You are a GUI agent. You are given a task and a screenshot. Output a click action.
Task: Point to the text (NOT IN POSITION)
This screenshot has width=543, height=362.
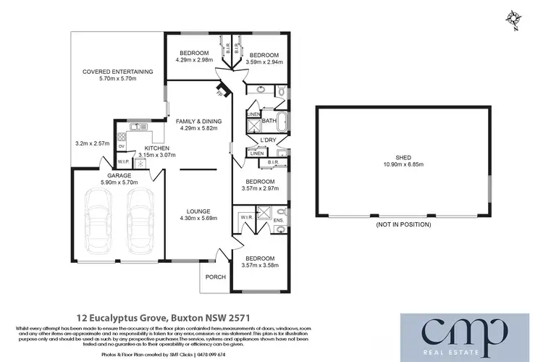click(x=403, y=224)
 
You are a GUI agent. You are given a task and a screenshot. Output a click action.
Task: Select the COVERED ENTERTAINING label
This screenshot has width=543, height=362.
click(x=117, y=72)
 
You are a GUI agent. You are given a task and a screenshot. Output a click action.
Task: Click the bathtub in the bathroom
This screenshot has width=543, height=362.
click(x=279, y=121)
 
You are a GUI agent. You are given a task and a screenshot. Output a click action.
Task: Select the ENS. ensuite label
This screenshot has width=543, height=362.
click(x=282, y=212)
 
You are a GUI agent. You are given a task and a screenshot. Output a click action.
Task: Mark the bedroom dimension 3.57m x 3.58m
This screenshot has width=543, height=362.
click(x=259, y=265)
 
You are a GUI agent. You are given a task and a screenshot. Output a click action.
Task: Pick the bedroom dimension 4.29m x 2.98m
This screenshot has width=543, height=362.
click(x=194, y=60)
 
